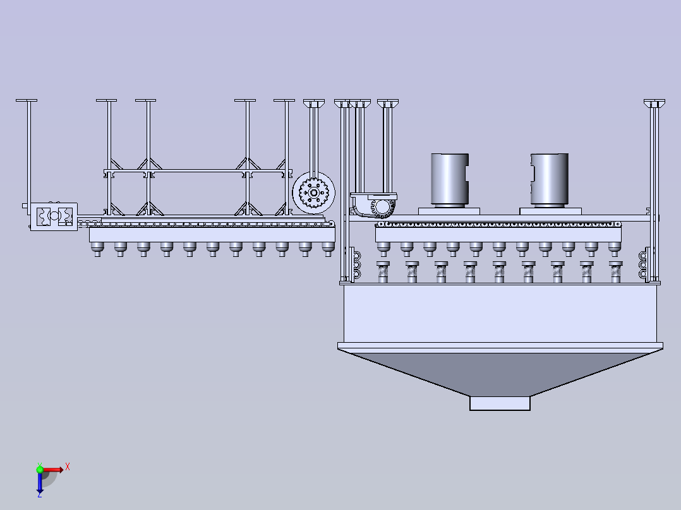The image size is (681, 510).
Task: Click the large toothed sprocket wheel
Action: coord(313,193)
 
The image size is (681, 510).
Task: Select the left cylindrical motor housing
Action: coord(450,179)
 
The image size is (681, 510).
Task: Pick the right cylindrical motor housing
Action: coord(550,179)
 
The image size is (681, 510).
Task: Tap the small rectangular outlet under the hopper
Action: coord(500,403)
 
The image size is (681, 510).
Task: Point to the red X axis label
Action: coord(68,467)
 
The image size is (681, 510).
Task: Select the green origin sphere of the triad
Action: coord(40,469)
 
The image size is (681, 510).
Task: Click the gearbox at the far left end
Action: coord(54,216)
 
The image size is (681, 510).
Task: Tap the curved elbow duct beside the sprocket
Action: coord(373,206)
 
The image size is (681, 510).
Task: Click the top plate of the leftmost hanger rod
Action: coord(27,100)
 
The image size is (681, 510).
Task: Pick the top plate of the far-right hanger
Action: coord(654,102)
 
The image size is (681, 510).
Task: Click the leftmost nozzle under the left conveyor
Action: coord(97,249)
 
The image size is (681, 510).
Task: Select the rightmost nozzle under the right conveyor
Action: coord(614,249)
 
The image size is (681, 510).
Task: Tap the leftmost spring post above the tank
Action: coord(383,272)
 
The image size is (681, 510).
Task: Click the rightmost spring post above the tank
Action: coord(616,272)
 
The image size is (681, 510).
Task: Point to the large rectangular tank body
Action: coord(500,313)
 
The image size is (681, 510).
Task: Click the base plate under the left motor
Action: coord(449,211)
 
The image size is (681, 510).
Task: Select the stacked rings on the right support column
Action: coord(642,264)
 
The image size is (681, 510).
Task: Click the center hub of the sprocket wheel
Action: coord(313,193)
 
